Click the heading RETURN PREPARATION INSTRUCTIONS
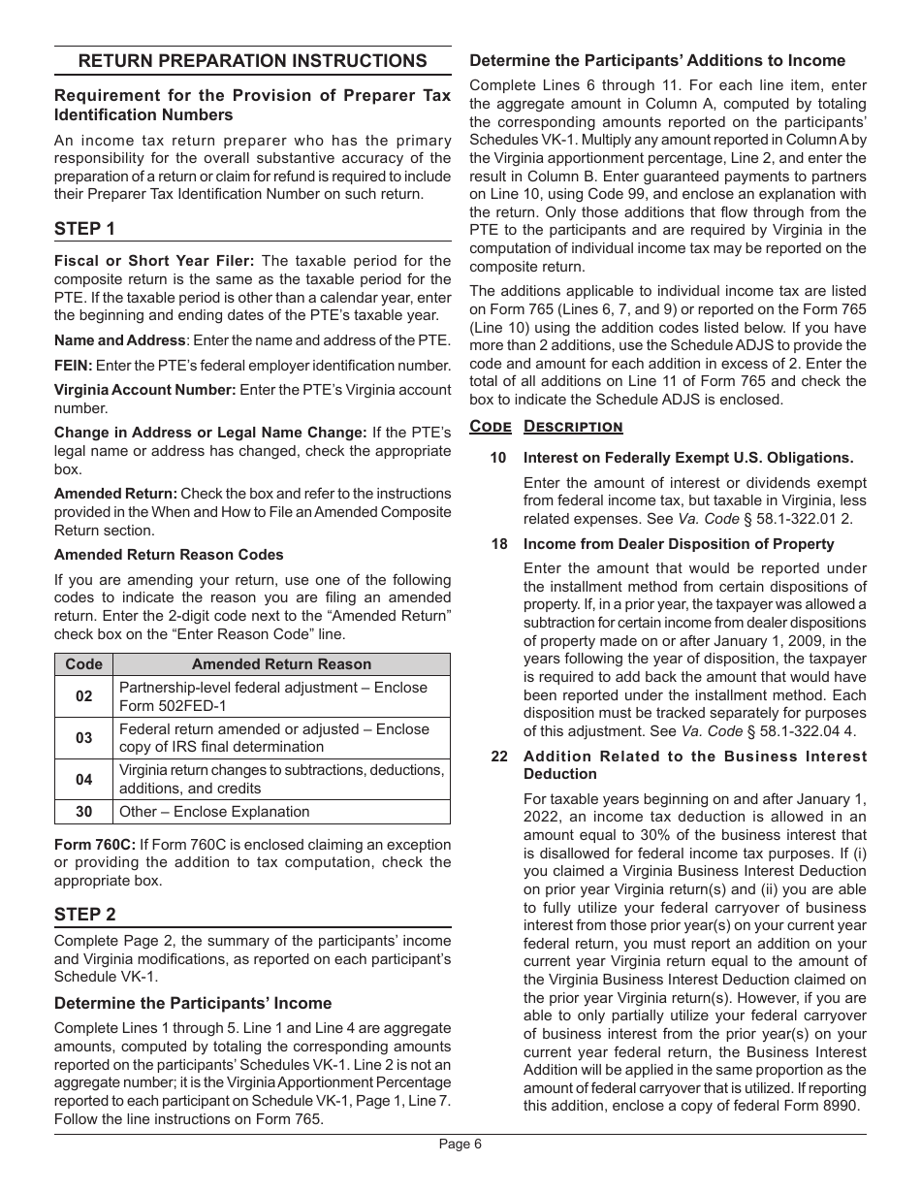click(x=252, y=61)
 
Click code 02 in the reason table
click(x=83, y=696)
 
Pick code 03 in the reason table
click(x=83, y=738)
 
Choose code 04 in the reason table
click(x=83, y=779)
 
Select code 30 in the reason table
click(x=83, y=812)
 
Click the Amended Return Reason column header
click(x=281, y=664)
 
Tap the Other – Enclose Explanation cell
click(x=214, y=812)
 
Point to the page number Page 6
click(x=460, y=1144)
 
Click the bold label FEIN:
click(x=74, y=366)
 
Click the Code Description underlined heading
click(x=546, y=427)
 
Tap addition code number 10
click(x=498, y=458)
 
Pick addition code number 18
click(x=498, y=544)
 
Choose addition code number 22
click(x=498, y=757)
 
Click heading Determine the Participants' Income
click(x=193, y=1003)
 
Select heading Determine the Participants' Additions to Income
click(x=657, y=60)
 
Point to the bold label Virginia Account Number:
click(x=144, y=390)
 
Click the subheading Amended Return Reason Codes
click(x=169, y=555)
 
